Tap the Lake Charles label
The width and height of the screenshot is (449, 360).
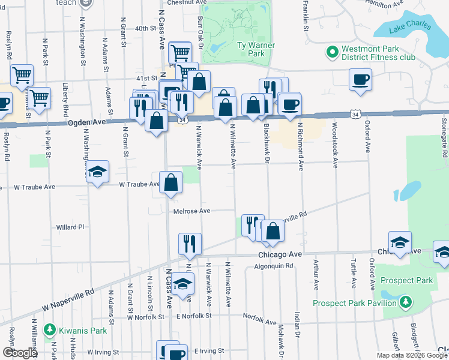tap(409, 27)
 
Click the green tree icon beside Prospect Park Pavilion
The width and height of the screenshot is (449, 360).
tap(406, 302)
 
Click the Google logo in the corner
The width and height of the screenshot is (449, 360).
tap(19, 352)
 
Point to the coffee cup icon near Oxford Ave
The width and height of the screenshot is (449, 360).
tap(360, 80)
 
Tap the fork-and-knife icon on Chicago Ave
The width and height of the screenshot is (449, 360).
tap(190, 244)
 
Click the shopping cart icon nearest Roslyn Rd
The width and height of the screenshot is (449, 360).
tap(22, 76)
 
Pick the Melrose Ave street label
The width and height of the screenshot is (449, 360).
tap(191, 211)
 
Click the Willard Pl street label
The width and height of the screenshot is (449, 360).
tap(70, 227)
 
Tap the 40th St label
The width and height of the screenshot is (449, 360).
tap(145, 28)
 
